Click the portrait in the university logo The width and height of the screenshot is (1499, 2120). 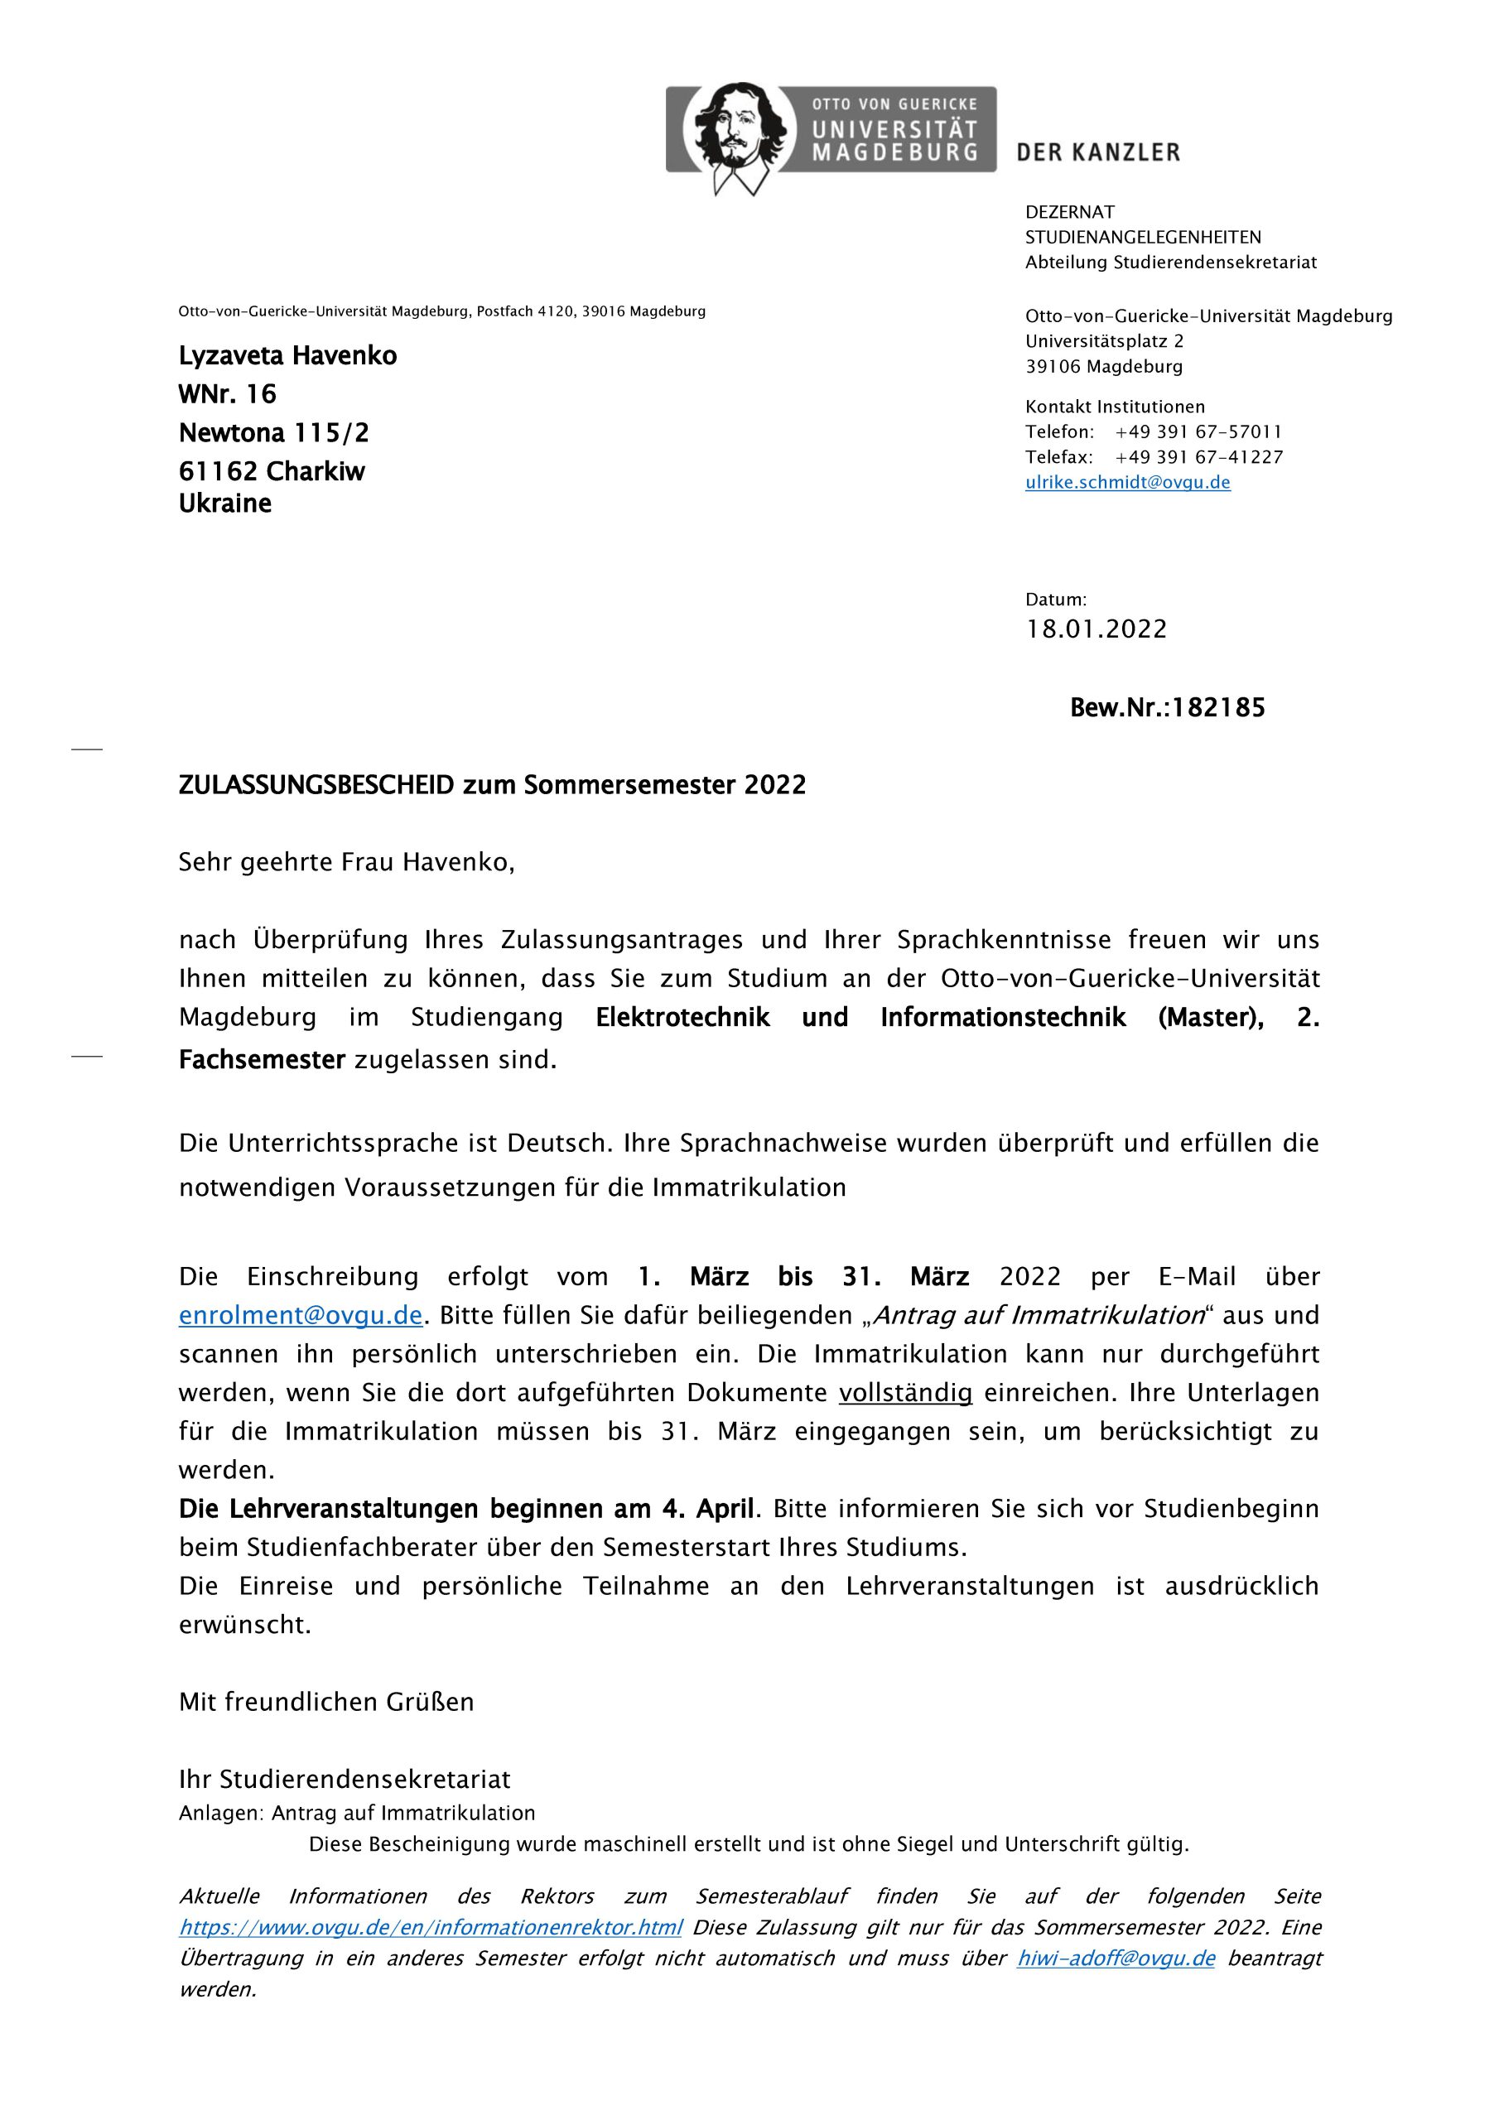(740, 133)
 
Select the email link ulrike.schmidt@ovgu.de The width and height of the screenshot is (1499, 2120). (1127, 482)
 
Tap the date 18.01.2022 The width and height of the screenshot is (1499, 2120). (1097, 629)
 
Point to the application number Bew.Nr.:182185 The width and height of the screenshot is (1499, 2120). (1167, 708)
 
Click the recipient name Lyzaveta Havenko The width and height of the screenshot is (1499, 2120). (287, 355)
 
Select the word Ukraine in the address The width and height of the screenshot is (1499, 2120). (225, 503)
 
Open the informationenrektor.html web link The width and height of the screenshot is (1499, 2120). (431, 1928)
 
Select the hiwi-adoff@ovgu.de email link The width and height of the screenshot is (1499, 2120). (1116, 1959)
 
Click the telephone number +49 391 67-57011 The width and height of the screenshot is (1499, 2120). (1198, 432)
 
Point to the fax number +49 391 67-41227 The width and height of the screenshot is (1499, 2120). (1198, 457)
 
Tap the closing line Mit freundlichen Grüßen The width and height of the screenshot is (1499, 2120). (326, 1702)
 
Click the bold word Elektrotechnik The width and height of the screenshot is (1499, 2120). (682, 1018)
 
